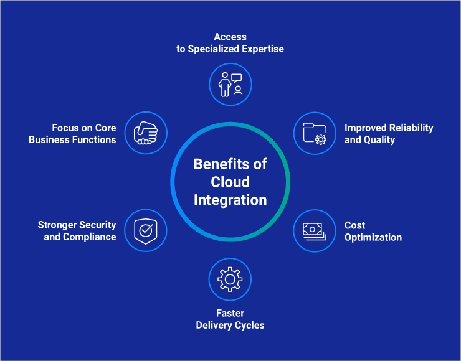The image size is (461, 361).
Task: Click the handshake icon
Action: (145, 133)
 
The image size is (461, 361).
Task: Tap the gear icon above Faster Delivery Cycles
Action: (230, 279)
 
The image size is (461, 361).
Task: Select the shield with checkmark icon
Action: (145, 230)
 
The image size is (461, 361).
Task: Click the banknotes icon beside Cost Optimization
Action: (315, 230)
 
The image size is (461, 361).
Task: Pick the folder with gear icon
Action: (315, 133)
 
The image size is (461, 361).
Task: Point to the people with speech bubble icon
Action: (230, 84)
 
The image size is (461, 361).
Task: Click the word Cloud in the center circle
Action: (230, 182)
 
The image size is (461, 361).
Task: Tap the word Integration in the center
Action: (230, 200)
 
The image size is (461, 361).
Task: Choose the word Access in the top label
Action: (230, 37)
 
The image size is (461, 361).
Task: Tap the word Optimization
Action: (373, 237)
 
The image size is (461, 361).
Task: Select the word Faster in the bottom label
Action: (230, 313)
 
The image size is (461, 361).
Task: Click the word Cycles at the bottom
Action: (249, 325)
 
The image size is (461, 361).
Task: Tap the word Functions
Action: (94, 139)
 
